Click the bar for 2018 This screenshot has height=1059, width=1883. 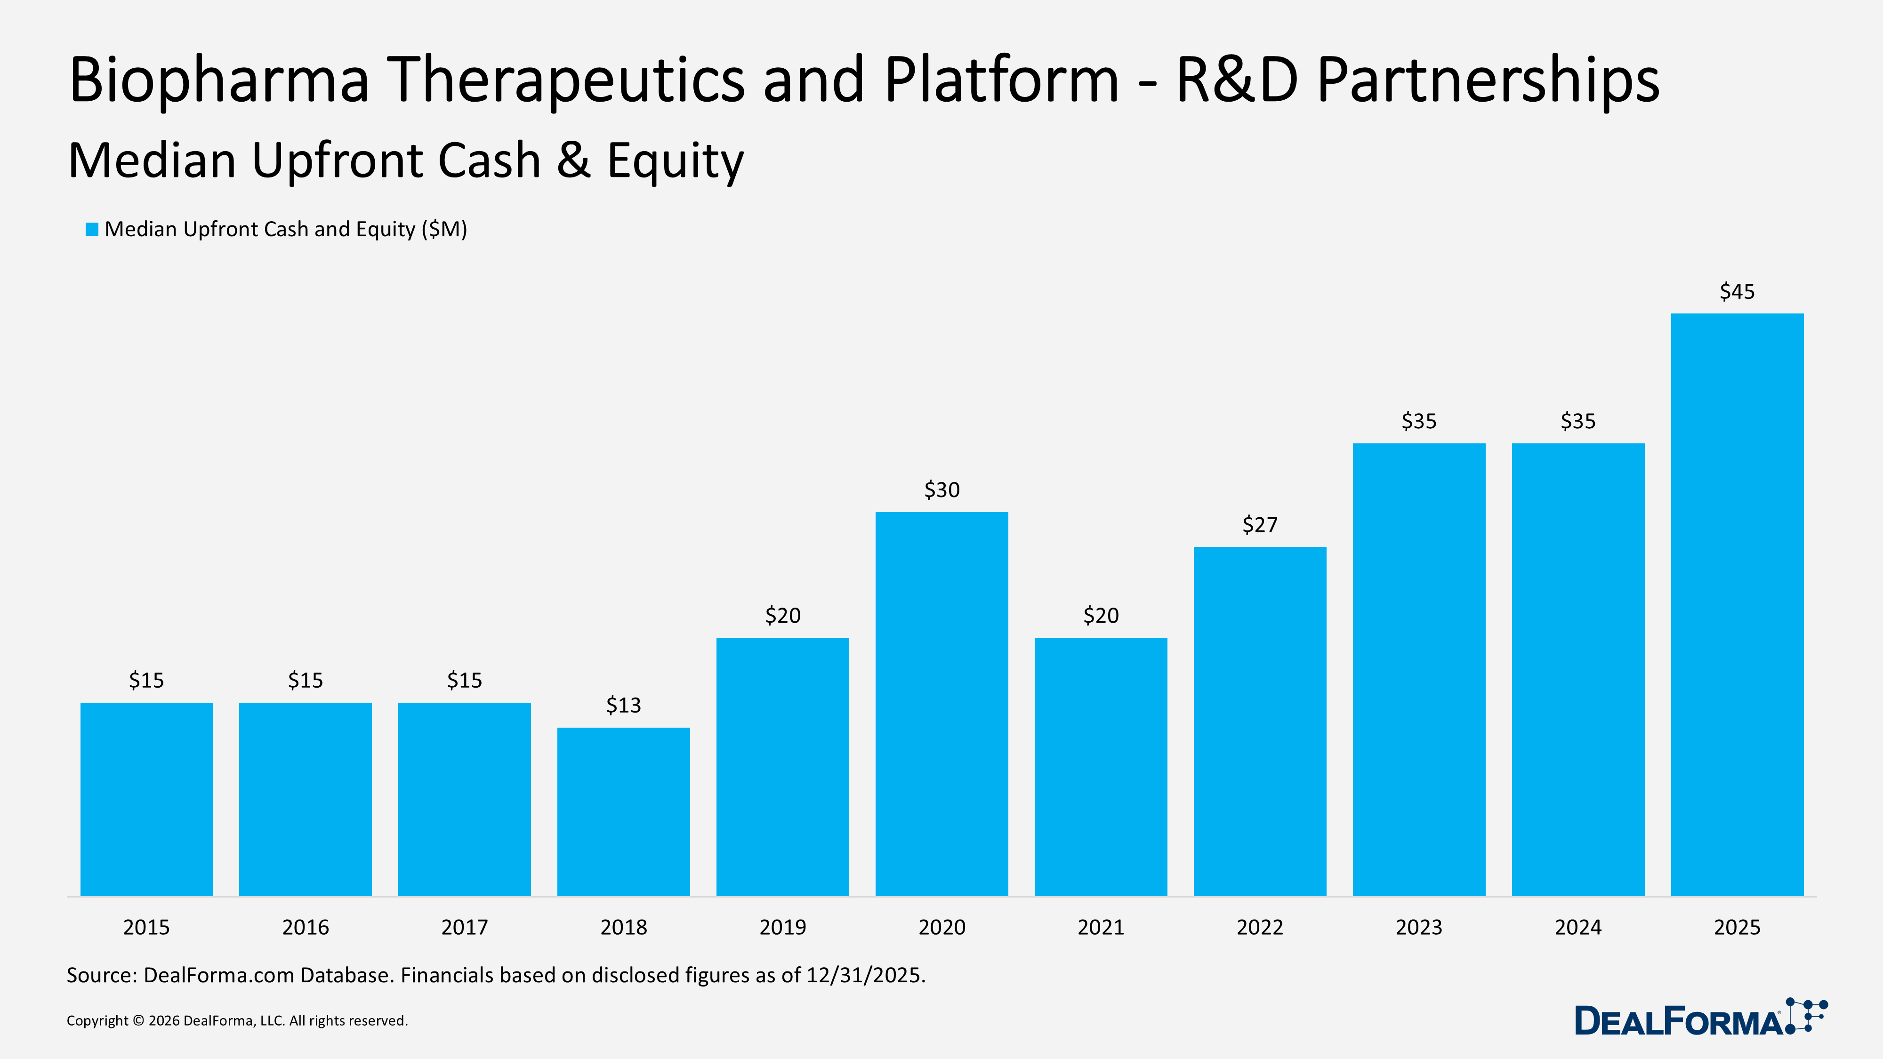coord(624,811)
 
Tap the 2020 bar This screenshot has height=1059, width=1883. coord(941,704)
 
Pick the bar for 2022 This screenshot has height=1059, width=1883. coord(1259,722)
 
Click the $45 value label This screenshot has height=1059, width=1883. coord(1737,292)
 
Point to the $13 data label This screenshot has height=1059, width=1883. coord(624,705)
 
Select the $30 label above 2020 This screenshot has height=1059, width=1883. coord(941,489)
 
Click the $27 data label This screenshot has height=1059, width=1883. coord(1259,525)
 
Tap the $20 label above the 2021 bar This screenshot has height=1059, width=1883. coord(1101,615)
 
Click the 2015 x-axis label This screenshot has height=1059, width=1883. coord(146,927)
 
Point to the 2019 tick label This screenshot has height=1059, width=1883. coord(782,927)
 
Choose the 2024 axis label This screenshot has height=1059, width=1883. coord(1577,927)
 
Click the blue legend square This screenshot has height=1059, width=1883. coord(92,230)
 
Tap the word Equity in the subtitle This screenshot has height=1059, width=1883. coord(675,161)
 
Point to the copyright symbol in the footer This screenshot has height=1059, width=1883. coord(138,1021)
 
